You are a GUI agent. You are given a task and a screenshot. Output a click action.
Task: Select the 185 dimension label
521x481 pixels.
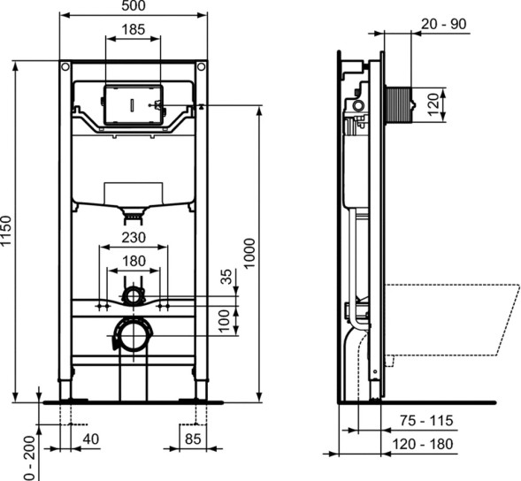pos(133,30)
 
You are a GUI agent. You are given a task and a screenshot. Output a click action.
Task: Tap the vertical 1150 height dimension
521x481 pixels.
pos(8,232)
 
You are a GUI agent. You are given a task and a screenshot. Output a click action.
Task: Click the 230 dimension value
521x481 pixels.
pos(133,238)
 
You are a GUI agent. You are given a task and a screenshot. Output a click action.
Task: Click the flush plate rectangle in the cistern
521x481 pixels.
pos(133,104)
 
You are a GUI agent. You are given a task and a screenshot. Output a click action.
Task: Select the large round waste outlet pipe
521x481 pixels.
pos(133,335)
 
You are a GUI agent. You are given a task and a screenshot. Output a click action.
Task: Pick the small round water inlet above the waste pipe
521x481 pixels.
pos(133,295)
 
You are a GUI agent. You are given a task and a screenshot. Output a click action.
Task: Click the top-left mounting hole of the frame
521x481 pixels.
pos(65,67)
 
